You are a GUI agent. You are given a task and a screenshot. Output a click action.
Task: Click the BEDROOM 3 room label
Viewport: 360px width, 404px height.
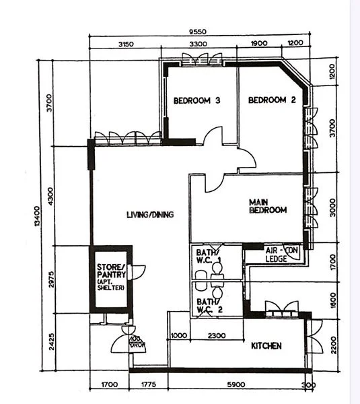point(197,101)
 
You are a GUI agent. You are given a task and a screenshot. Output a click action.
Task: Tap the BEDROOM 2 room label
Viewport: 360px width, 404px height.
point(272,101)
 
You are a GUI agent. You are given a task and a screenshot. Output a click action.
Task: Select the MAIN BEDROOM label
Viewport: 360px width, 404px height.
point(267,206)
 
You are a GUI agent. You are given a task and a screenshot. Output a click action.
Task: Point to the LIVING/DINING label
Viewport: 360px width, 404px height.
point(149,215)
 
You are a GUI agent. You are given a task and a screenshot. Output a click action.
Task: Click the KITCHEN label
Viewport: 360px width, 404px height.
point(266,346)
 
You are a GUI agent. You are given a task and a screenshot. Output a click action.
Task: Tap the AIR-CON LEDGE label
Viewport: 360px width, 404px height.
point(281,254)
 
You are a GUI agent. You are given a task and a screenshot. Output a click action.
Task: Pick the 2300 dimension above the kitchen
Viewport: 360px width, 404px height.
point(216,335)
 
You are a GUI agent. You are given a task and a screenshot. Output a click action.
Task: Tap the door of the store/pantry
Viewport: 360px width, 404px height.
point(139,272)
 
